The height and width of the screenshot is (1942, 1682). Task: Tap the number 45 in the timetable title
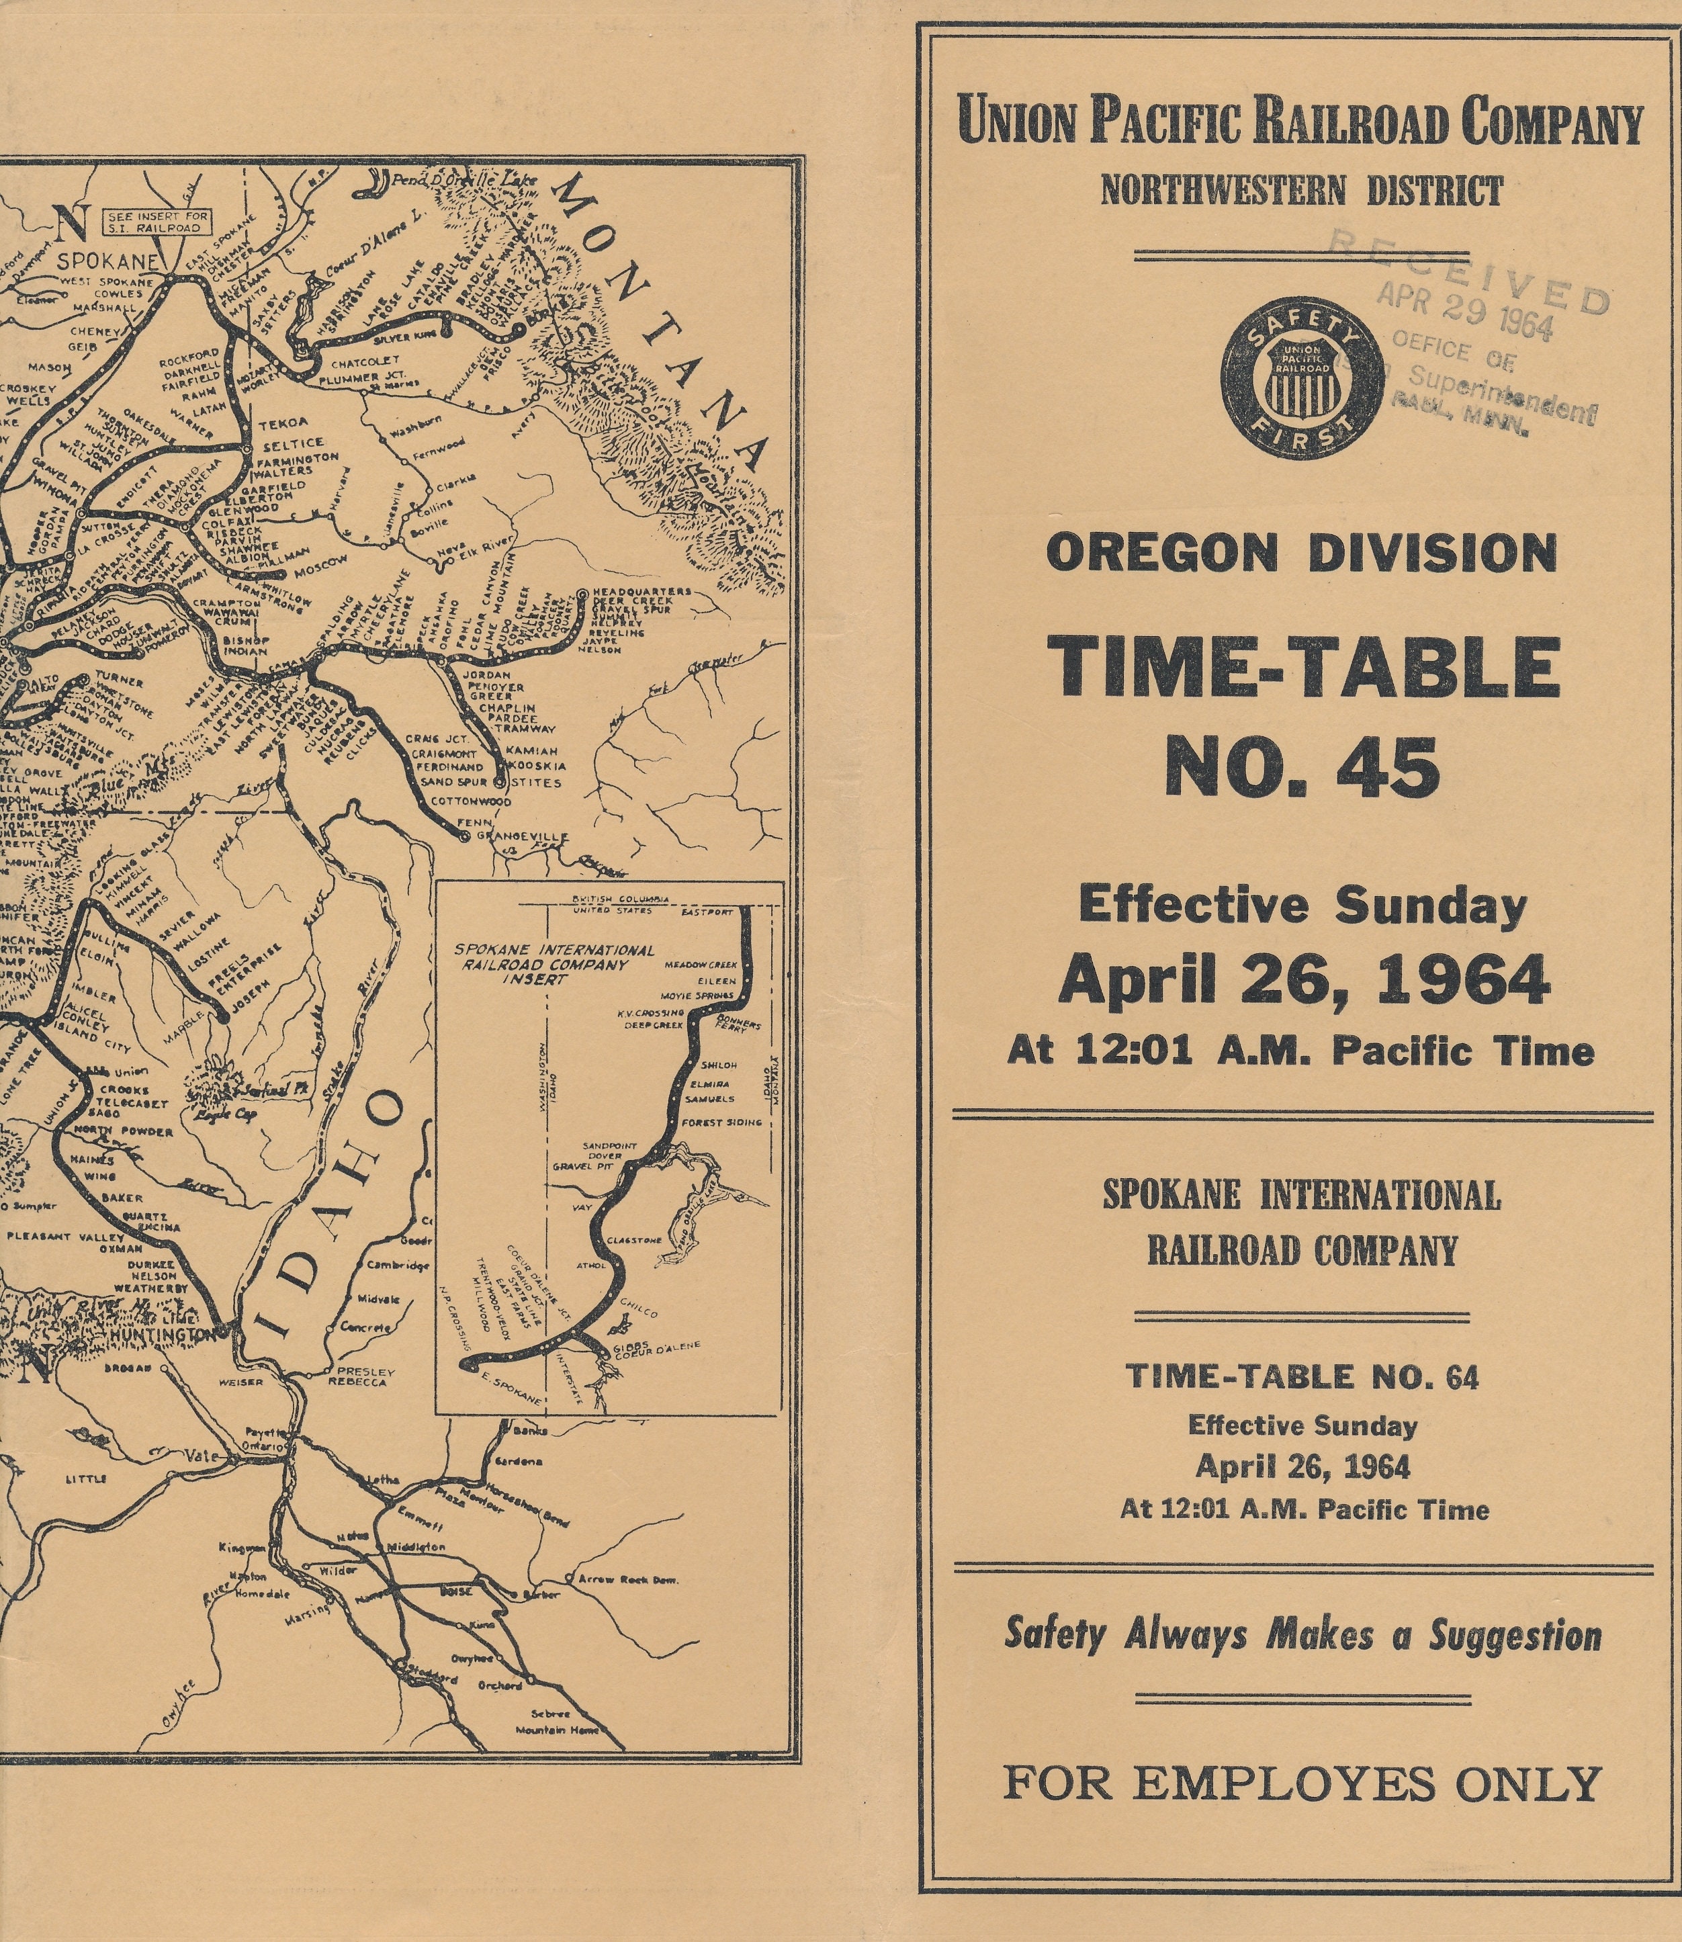[1301, 767]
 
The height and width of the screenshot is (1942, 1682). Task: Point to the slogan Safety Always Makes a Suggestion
[1302, 1635]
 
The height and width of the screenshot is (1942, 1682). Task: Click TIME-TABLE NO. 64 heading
[1302, 1377]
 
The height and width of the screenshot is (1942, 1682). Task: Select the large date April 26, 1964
[1304, 980]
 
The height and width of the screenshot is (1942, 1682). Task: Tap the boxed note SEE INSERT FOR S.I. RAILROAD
[158, 222]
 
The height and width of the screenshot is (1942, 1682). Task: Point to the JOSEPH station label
[248, 990]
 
